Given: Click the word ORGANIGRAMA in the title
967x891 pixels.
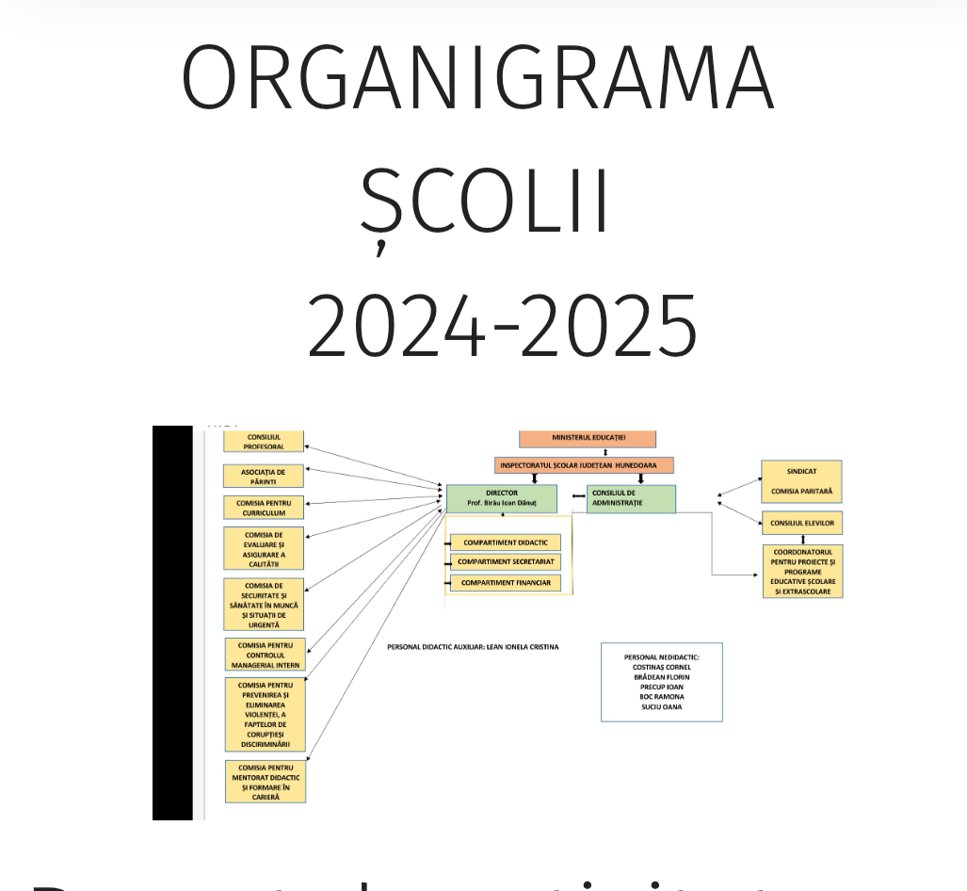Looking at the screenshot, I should [477, 78].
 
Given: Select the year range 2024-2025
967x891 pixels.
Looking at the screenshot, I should [502, 326].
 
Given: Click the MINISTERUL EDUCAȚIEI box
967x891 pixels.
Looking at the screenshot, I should [588, 439].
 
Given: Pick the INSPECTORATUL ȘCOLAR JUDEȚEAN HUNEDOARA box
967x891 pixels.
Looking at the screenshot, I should [584, 465].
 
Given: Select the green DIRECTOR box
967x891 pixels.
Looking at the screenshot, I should [501, 498].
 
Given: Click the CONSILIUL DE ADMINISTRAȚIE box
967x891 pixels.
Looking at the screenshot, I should [631, 498].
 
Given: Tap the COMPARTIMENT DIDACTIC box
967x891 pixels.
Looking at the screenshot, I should [506, 543].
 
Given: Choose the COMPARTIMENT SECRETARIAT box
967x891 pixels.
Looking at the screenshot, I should [506, 562].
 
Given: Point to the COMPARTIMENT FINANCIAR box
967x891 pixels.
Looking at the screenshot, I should [506, 584].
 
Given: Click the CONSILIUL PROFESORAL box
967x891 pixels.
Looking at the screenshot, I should [265, 442].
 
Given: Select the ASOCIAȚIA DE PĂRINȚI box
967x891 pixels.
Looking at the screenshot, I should [265, 476].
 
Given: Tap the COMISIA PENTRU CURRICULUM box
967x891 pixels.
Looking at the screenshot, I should [265, 508].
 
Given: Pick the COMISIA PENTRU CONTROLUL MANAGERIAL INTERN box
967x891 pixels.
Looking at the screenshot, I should [265, 655].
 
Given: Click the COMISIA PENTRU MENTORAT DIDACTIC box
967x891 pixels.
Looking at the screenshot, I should [266, 782].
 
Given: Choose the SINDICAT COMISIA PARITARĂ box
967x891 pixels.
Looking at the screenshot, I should [802, 481].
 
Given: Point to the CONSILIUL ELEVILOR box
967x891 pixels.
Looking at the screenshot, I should [802, 523].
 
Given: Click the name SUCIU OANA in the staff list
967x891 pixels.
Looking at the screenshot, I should [661, 706].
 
